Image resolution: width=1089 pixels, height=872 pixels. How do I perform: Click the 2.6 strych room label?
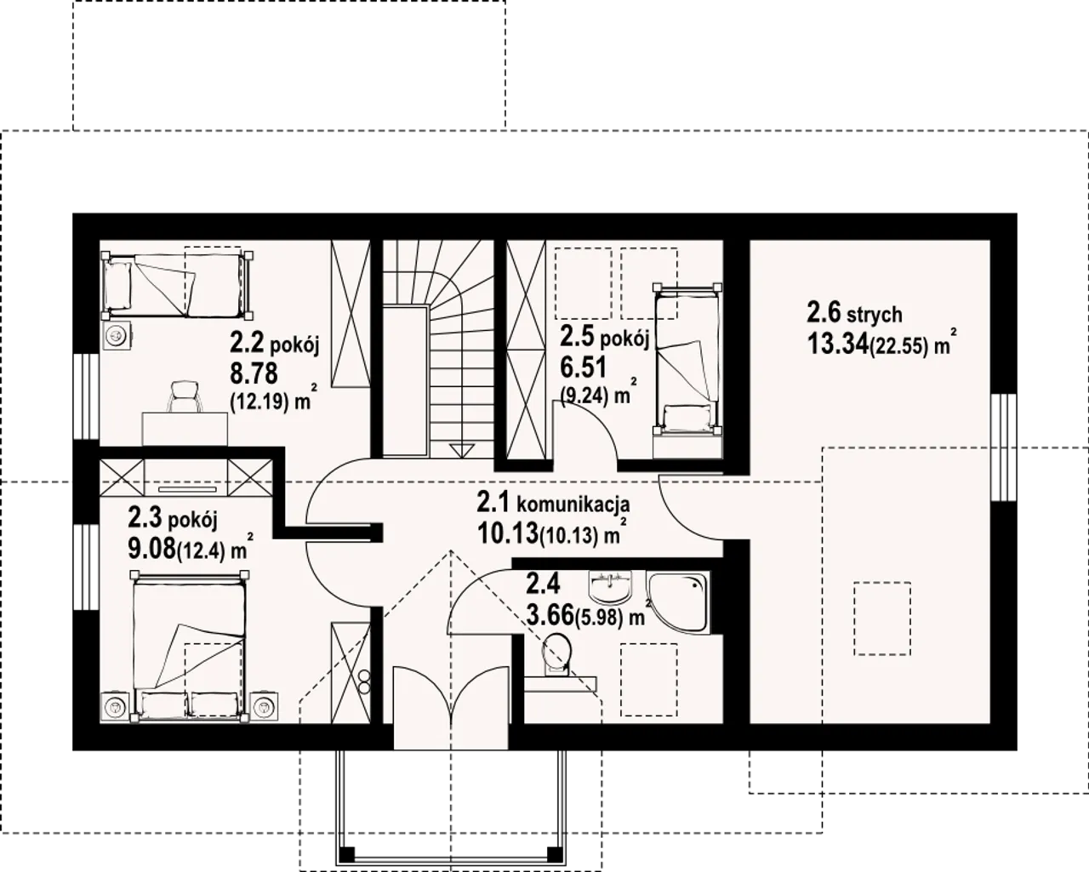[854, 313]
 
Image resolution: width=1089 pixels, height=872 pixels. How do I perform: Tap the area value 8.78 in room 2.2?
[254, 374]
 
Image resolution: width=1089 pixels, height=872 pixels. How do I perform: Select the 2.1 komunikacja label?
[553, 504]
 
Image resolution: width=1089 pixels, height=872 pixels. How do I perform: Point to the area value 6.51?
[583, 368]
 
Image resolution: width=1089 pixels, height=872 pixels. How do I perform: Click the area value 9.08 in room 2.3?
[151, 549]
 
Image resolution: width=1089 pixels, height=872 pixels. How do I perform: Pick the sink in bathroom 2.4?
[611, 587]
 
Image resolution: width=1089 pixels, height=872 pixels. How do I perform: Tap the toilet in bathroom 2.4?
[556, 655]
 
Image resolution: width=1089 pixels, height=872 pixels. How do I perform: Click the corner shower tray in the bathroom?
[677, 601]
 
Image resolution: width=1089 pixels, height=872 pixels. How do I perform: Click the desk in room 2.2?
[185, 429]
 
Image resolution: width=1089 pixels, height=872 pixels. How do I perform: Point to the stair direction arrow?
[461, 450]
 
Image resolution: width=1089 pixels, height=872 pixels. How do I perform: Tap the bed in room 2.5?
[687, 359]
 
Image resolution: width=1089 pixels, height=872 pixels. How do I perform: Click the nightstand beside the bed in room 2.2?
[117, 335]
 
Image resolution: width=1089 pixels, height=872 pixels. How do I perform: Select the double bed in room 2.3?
[190, 647]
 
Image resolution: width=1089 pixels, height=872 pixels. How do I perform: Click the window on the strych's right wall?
[1004, 447]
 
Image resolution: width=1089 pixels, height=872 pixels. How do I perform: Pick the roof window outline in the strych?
[882, 618]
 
